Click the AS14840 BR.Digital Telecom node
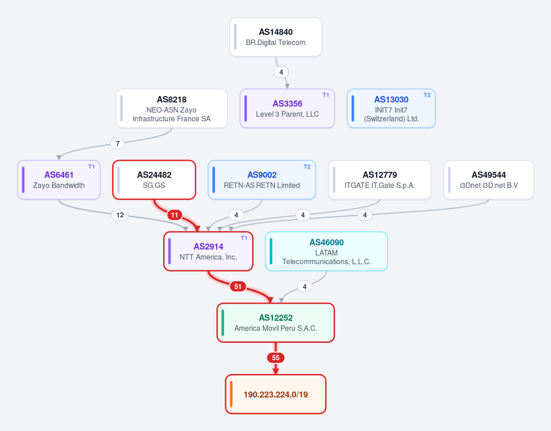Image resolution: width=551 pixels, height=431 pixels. [x=276, y=37]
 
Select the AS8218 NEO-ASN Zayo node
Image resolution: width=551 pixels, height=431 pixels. [x=171, y=108]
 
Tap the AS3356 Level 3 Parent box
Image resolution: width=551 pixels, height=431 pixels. [x=287, y=108]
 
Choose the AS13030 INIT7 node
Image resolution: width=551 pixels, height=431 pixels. [x=391, y=108]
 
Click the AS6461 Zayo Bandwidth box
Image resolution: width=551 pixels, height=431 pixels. [x=59, y=180]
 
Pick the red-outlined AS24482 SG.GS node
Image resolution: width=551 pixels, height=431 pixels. [x=154, y=180]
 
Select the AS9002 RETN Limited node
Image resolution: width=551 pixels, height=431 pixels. [x=262, y=180]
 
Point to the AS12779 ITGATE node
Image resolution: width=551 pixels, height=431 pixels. [x=380, y=180]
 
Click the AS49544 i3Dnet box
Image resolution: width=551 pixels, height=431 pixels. [x=489, y=180]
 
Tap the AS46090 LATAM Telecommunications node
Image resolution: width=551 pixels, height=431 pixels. [x=326, y=251]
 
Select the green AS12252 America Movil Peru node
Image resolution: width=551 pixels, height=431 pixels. [x=276, y=323]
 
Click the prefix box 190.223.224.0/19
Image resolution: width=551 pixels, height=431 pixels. [x=276, y=394]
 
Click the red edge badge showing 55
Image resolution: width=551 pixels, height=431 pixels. [x=276, y=358]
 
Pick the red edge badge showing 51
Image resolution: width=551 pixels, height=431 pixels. [x=238, y=287]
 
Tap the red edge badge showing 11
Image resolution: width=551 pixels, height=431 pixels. [x=175, y=215]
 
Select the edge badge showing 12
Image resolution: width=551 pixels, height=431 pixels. [x=120, y=215]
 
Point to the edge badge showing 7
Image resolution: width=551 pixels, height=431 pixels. [x=117, y=143]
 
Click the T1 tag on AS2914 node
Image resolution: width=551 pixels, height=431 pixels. [x=244, y=238]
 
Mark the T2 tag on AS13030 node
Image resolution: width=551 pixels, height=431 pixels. [x=427, y=95]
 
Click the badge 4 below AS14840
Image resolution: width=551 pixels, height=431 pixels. [x=281, y=72]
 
